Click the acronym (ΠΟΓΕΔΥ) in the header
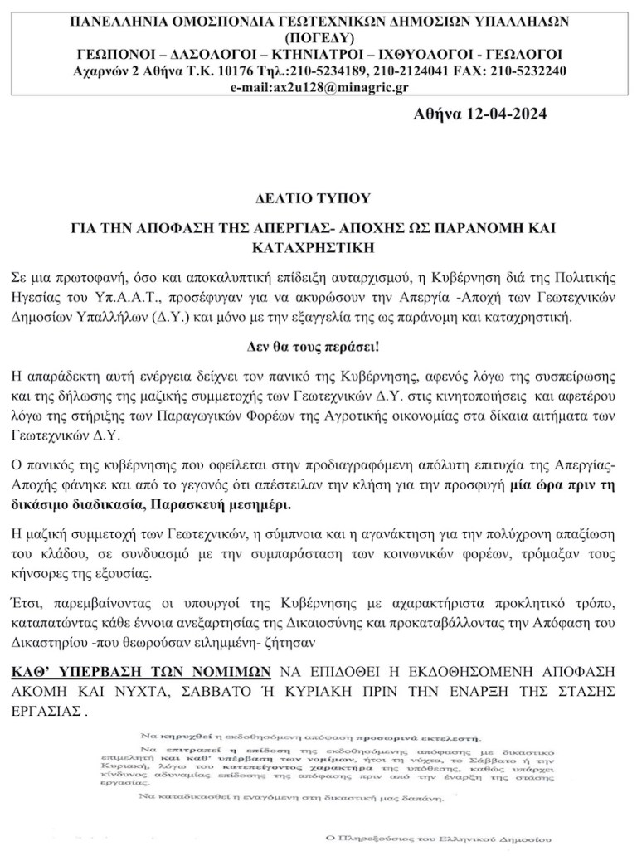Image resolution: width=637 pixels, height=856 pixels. click(x=318, y=37)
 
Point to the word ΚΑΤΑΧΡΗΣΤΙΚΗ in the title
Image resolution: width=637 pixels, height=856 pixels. click(x=318, y=246)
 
